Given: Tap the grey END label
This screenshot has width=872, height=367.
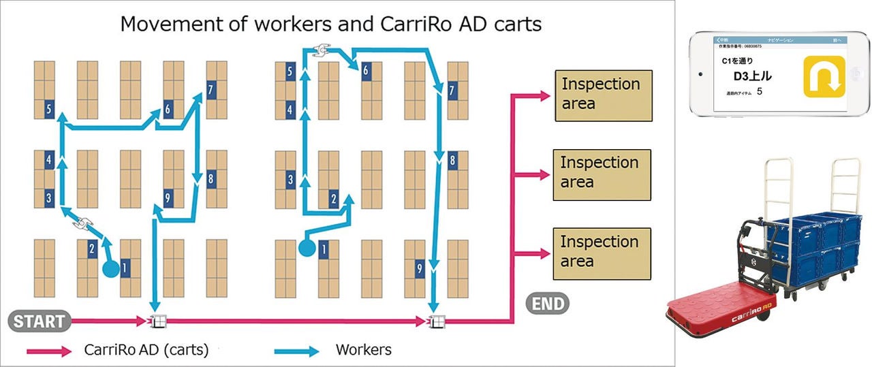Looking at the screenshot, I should (x=547, y=302).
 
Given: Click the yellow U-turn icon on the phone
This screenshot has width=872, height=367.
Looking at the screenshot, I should (x=824, y=76).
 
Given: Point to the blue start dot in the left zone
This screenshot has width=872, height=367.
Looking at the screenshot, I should (x=110, y=268).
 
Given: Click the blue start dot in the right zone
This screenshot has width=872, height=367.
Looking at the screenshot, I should (x=307, y=249).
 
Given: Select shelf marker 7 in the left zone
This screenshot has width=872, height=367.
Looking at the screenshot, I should (x=211, y=89).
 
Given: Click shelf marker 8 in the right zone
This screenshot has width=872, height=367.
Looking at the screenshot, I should (x=452, y=161).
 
